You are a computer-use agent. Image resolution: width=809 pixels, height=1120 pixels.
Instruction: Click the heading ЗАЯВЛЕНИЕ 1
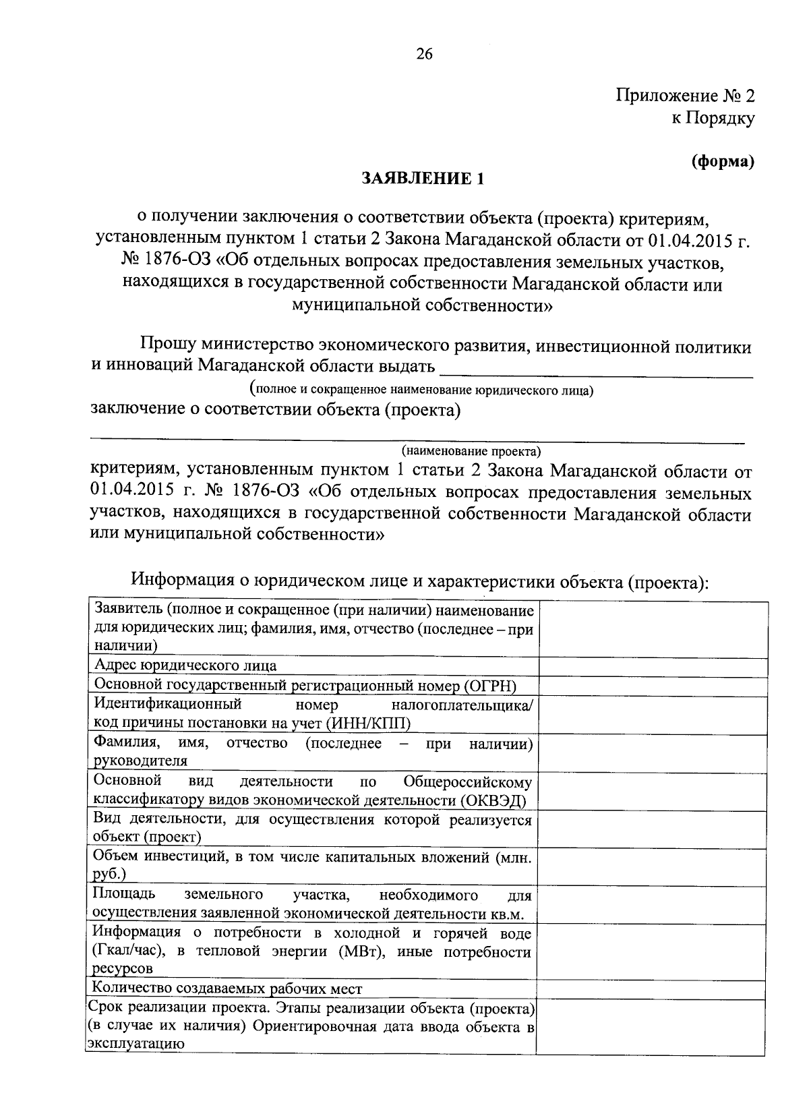pos(423,179)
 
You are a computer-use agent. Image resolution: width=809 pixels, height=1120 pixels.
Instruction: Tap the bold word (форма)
pos(722,162)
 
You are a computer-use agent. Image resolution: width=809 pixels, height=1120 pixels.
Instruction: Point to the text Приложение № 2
pos(685,96)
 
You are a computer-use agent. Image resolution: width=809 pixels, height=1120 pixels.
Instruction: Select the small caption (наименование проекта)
pos(471,450)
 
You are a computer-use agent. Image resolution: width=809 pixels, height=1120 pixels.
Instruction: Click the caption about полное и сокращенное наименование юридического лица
pos(421,390)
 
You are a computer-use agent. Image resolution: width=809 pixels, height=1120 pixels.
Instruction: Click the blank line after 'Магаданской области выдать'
pos(596,369)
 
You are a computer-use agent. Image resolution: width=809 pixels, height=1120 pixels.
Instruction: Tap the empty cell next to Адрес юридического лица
pos(653,666)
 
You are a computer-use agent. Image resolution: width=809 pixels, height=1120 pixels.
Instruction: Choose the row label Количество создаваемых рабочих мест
pos(228,989)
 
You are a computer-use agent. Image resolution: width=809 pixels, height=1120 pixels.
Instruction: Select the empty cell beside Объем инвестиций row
pos(653,866)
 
